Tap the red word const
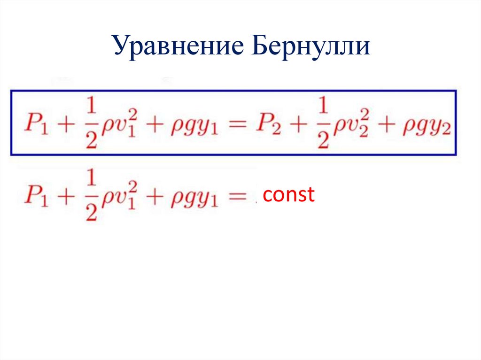tap(288, 194)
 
